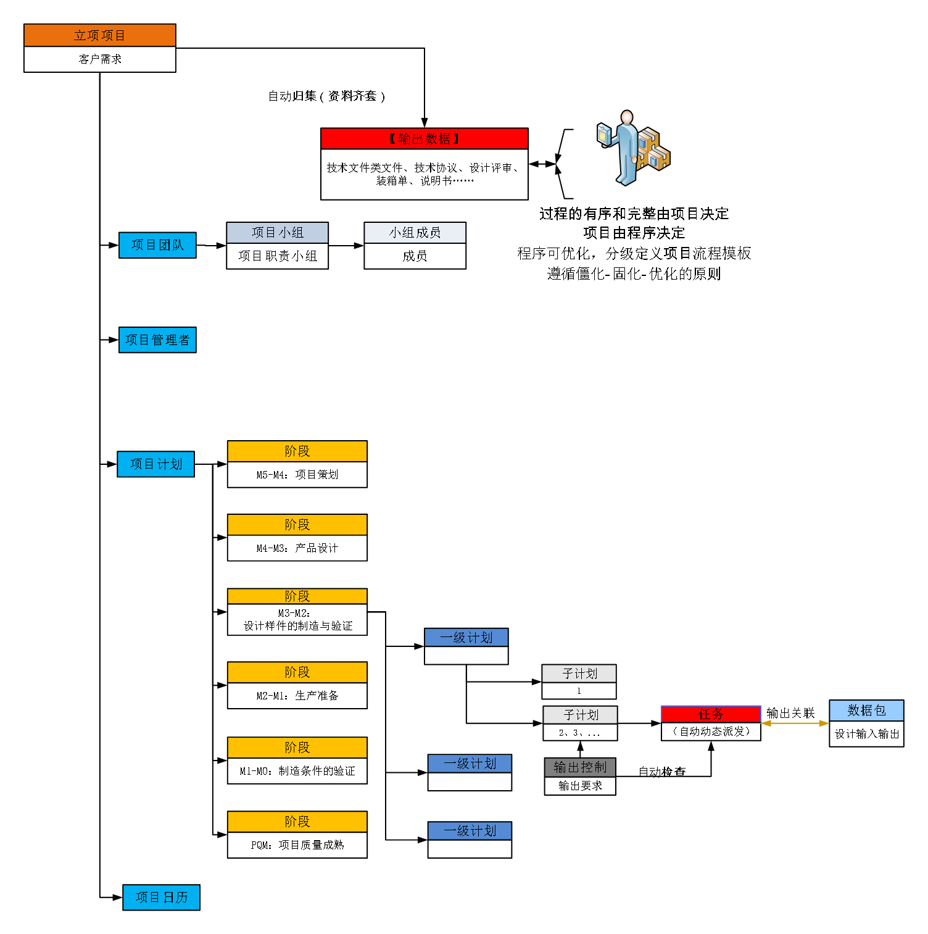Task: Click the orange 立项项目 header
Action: click(x=100, y=35)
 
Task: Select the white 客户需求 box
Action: click(x=100, y=59)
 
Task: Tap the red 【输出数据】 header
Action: click(x=424, y=139)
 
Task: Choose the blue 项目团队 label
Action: click(x=157, y=245)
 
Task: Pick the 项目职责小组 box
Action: click(x=277, y=256)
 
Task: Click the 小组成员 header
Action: click(x=415, y=233)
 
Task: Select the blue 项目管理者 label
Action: click(x=157, y=340)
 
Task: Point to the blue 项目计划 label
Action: click(x=155, y=464)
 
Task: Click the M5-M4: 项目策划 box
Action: click(x=297, y=475)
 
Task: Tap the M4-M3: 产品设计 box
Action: click(x=297, y=548)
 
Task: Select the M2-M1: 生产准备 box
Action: click(x=297, y=696)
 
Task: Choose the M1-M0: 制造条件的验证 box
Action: click(x=297, y=771)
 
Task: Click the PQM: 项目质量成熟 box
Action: click(x=297, y=845)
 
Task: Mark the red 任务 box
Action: click(x=711, y=714)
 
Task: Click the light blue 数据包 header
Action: click(x=866, y=711)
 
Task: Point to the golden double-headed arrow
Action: click(x=795, y=723)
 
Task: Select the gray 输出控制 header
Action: click(x=580, y=767)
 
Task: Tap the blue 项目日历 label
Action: click(x=161, y=898)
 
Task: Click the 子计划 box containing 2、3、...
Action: click(x=580, y=733)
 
